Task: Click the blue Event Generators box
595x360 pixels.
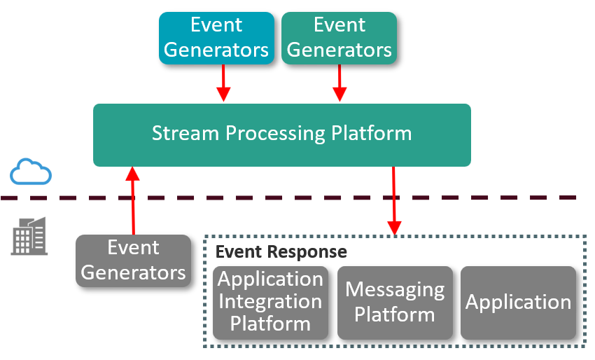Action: point(216,38)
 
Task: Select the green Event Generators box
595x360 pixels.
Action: point(339,38)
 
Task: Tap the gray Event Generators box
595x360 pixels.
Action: point(133,261)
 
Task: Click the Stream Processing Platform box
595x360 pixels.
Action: point(281,134)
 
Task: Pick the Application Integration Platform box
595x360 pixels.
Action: point(270,302)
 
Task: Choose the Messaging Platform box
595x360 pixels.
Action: point(395,302)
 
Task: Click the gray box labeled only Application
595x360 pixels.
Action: point(518,302)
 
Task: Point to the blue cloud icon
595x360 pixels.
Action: point(31,172)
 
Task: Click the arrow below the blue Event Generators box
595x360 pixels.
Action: point(223,83)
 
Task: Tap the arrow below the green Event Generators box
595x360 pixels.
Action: point(339,83)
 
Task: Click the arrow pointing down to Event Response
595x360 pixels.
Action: point(394,200)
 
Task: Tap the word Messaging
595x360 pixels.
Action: point(395,289)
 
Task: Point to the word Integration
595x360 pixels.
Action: point(270,302)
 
